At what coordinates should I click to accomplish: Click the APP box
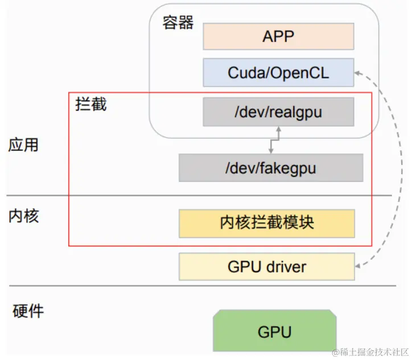click(x=278, y=36)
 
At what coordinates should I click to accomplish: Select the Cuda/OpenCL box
click(x=278, y=73)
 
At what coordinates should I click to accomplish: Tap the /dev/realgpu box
click(x=278, y=111)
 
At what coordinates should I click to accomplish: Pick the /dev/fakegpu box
click(x=270, y=168)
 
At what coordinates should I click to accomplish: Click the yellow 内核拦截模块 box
click(x=266, y=223)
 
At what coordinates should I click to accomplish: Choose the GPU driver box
click(x=266, y=267)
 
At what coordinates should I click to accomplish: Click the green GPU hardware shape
click(x=274, y=331)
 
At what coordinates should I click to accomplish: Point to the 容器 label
click(x=178, y=22)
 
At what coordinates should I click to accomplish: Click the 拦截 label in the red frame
click(x=91, y=105)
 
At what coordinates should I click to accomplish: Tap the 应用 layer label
click(x=23, y=145)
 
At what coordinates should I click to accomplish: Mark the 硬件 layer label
click(x=28, y=311)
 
